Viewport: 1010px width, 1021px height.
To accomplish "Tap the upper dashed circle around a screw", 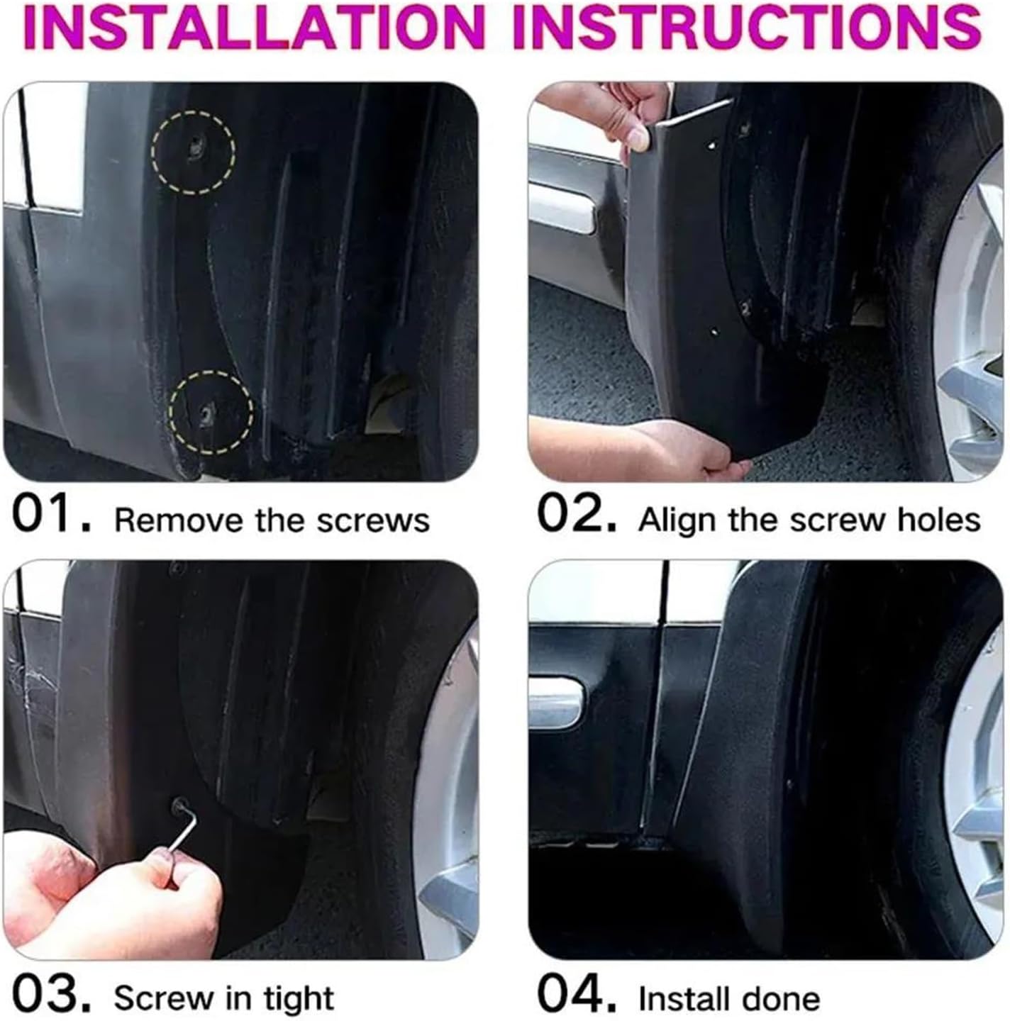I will [x=193, y=152].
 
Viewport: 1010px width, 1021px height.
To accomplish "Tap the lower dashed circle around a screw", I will [x=211, y=412].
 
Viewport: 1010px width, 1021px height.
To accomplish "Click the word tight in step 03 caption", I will [x=299, y=999].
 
